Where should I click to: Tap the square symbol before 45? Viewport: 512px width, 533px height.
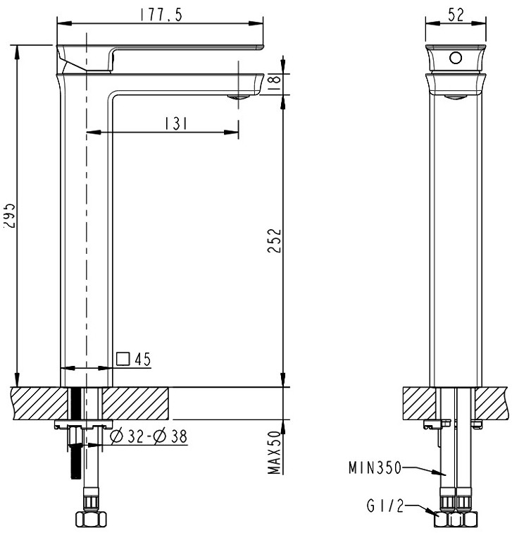click(123, 359)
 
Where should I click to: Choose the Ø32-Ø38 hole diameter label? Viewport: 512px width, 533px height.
click(149, 437)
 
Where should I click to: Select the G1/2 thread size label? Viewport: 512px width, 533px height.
click(385, 506)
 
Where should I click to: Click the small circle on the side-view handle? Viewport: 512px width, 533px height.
click(456, 58)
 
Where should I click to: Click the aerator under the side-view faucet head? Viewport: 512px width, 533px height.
click(456, 97)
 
